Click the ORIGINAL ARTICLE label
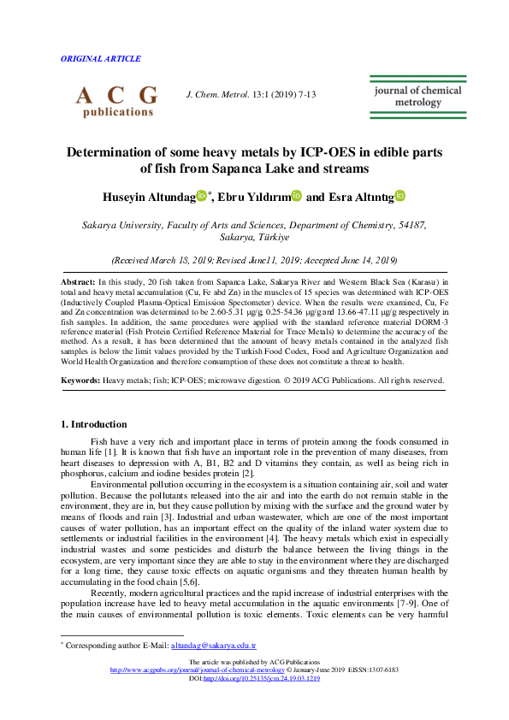(101, 59)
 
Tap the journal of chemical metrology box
(417, 96)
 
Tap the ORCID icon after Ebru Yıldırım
(296, 197)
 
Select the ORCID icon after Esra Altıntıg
(400, 197)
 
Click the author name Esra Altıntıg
(360, 197)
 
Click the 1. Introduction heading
(94, 424)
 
